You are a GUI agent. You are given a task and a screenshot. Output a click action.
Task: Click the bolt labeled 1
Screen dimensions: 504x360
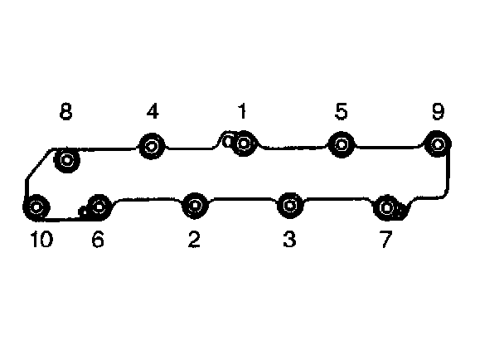[x=243, y=145]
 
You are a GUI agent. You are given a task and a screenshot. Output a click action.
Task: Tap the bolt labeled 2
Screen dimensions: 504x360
[x=195, y=204]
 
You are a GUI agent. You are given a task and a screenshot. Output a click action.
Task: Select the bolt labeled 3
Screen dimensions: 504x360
[x=288, y=204]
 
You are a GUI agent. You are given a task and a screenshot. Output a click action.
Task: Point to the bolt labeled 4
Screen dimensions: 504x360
[x=152, y=147]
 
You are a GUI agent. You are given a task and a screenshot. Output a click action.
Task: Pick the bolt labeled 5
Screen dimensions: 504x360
[x=342, y=144]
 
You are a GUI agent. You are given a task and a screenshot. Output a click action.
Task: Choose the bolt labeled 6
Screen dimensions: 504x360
[x=99, y=205]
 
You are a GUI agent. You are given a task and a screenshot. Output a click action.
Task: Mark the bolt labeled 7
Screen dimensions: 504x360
[x=385, y=206]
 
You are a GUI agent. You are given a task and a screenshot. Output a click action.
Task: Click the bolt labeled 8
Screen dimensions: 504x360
[x=66, y=159]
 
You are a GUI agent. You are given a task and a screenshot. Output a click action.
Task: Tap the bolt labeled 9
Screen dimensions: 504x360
[x=438, y=144]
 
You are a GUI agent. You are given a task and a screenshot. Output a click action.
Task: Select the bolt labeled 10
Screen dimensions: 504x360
[x=36, y=207]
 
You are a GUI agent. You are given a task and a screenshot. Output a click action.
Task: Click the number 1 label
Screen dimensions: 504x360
[x=242, y=111]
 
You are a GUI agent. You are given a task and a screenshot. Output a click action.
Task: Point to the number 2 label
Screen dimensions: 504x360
[x=194, y=241]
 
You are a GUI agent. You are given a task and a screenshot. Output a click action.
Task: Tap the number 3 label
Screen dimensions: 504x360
[x=288, y=241]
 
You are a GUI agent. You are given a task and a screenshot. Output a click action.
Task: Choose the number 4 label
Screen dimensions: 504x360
[x=153, y=111]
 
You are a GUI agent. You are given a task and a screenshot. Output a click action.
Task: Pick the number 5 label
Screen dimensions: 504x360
[x=342, y=111]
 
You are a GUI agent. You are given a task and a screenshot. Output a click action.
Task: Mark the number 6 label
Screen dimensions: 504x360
[x=98, y=241]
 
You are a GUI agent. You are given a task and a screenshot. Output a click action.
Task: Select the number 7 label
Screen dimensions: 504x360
[x=385, y=241]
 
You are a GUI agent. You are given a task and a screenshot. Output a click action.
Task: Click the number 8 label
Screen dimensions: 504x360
[x=65, y=111]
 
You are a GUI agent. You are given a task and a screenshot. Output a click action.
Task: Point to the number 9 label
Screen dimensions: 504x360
[x=438, y=111]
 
